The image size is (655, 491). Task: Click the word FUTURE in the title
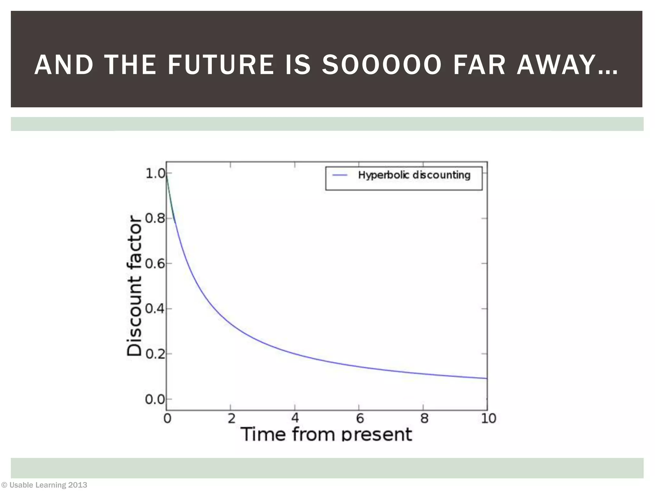tap(221, 65)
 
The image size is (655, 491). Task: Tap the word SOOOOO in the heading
tap(381, 65)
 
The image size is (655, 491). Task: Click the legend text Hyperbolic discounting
tap(414, 175)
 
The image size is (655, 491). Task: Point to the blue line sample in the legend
tap(340, 175)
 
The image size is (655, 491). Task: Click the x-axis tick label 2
tap(231, 418)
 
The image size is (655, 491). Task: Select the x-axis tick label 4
tap(295, 418)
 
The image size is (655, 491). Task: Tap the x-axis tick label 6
tap(359, 418)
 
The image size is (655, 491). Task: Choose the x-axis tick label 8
tap(424, 418)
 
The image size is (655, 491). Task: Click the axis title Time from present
tap(326, 434)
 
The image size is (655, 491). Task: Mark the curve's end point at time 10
tap(486, 378)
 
